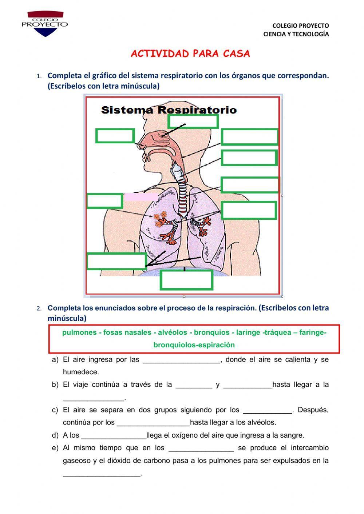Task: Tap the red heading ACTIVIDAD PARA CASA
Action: pos(190,54)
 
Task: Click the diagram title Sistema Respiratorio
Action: pos(169,110)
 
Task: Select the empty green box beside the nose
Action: pos(115,136)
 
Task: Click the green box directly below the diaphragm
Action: pos(186,280)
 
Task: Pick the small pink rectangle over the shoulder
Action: pos(141,196)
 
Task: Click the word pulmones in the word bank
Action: pos(79,332)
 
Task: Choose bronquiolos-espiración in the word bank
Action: pos(194,345)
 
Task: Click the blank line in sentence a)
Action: pos(181,360)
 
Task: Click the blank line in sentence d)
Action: pos(114,435)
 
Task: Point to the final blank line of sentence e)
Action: pos(102,474)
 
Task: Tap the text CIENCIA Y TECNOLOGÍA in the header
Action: pos(296,34)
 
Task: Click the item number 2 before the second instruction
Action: pos(39,308)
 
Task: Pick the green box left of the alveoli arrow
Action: pos(104,201)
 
